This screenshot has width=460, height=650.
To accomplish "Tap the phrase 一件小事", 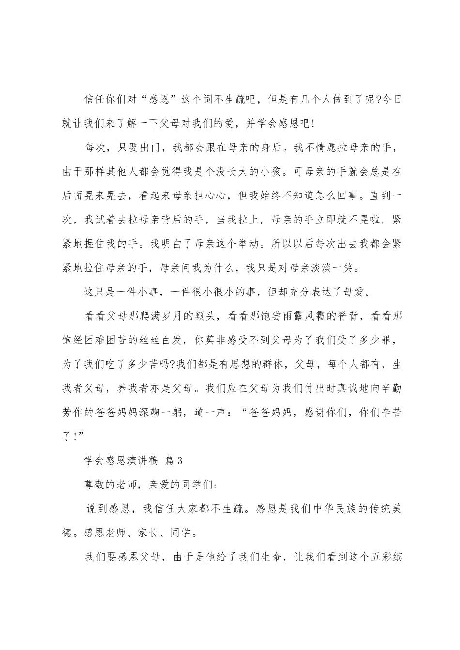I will point(143,289).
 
